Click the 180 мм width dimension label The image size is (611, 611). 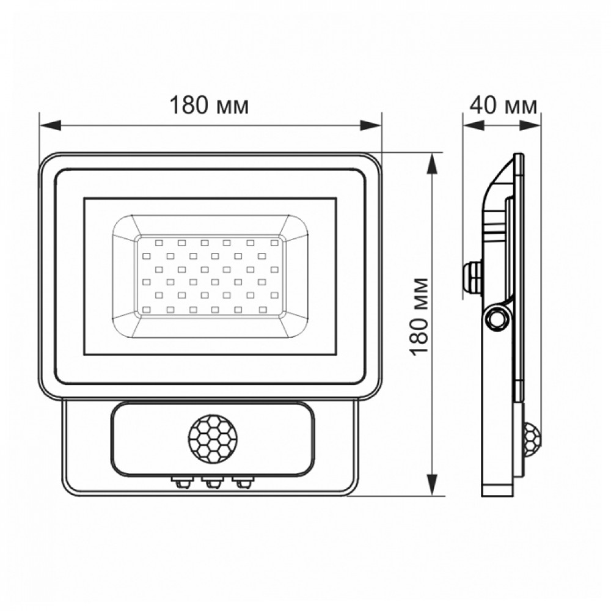209,106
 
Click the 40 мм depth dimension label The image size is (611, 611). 503,105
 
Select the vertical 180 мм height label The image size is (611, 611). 420,316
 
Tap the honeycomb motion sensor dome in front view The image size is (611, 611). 211,440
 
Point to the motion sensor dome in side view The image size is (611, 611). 533,440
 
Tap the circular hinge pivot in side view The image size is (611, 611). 497,317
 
